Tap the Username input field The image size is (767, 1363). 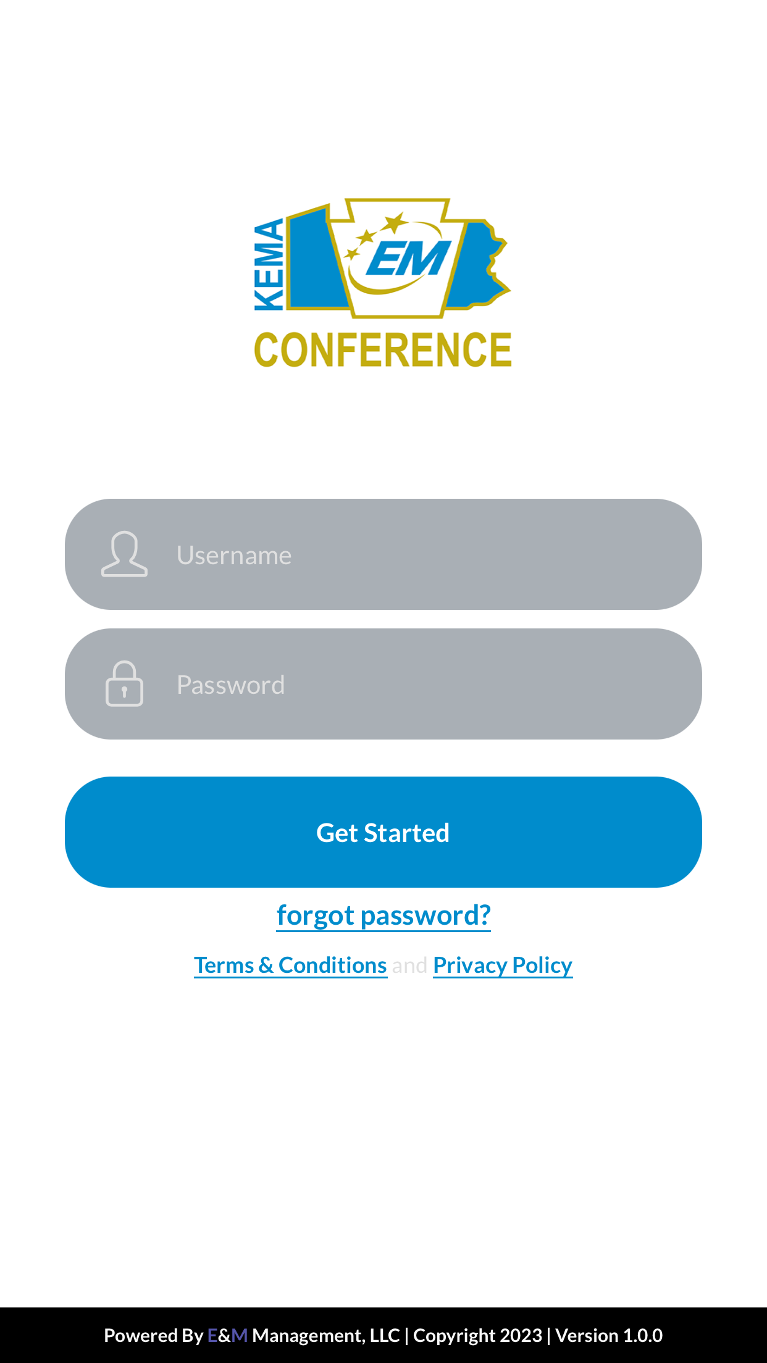(x=383, y=554)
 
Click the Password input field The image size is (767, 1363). (x=383, y=684)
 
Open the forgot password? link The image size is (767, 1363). (x=383, y=915)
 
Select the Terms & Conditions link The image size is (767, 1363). (x=291, y=965)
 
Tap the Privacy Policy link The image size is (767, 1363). (x=503, y=965)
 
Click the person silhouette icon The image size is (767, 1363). (x=124, y=554)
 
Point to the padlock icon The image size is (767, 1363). (x=124, y=683)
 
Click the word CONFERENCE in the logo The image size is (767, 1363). (x=383, y=349)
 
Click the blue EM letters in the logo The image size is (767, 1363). (x=408, y=258)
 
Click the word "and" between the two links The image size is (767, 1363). (x=410, y=965)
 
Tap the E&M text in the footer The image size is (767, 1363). (x=227, y=1335)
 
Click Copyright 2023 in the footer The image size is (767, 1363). (x=477, y=1335)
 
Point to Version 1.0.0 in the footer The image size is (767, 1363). (x=609, y=1335)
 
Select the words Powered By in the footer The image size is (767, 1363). (x=154, y=1335)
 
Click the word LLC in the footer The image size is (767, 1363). (x=385, y=1335)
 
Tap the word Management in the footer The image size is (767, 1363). (x=308, y=1336)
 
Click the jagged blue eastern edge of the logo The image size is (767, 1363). (x=498, y=259)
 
